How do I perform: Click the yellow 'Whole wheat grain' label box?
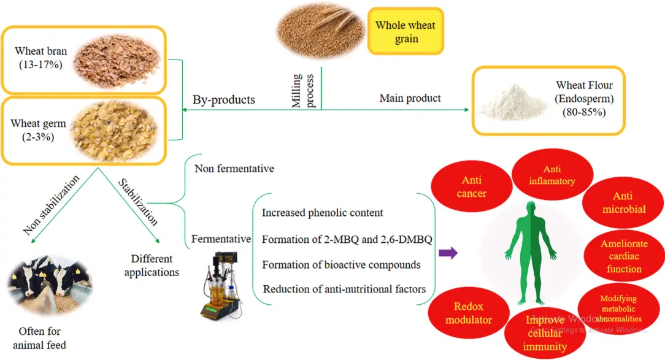(406, 32)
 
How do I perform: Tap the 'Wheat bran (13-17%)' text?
(40, 58)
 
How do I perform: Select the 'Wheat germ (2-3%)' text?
(38, 130)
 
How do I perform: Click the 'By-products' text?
(224, 100)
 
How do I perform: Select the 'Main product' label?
(410, 98)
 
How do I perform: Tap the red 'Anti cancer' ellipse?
(472, 186)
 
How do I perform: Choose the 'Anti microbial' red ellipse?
(622, 203)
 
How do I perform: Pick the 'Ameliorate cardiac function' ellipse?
(624, 256)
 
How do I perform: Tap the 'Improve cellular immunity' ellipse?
(545, 333)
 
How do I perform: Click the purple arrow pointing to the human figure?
(448, 253)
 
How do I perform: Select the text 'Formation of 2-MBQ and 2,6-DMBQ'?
(347, 239)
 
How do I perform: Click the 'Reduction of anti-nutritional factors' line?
(344, 288)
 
